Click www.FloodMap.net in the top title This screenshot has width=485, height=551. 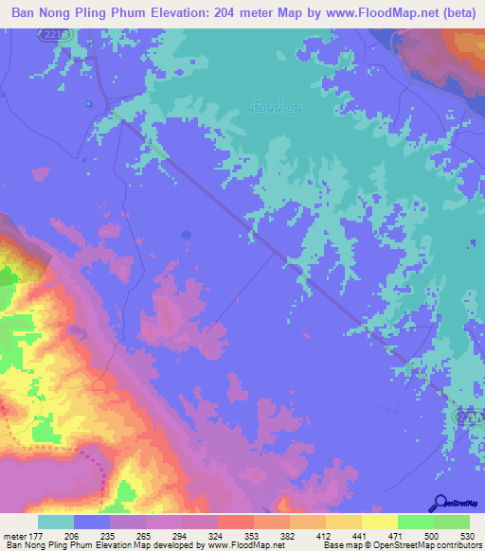(360, 13)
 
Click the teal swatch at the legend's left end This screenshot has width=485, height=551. (56, 522)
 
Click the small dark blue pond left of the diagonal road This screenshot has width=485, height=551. (187, 234)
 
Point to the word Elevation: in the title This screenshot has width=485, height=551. (175, 13)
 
